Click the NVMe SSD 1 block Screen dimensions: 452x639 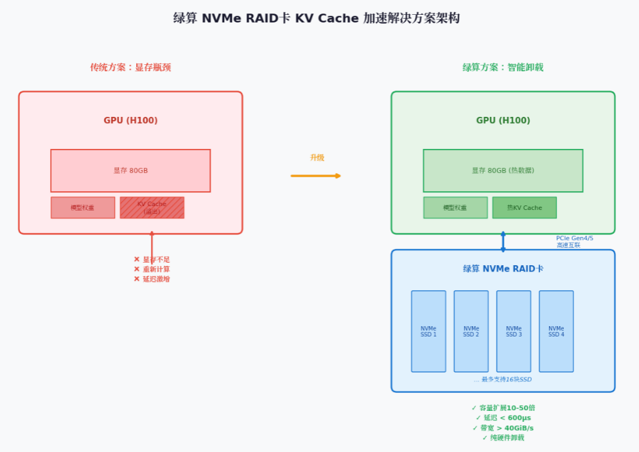(428, 331)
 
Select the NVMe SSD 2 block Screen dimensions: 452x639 (471, 331)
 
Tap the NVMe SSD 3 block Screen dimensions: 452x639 (514, 331)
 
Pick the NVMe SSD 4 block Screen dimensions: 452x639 (556, 331)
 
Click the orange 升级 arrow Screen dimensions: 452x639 (315, 175)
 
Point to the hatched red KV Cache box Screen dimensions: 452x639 (152, 207)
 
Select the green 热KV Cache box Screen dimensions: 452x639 (524, 207)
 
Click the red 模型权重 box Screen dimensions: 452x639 (83, 207)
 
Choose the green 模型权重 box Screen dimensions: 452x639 (455, 207)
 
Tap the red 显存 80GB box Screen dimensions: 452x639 (130, 171)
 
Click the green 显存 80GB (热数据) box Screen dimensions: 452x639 (503, 171)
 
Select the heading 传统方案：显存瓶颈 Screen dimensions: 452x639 (130, 67)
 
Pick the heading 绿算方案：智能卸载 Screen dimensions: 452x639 (503, 67)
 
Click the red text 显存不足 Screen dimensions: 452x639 (152, 259)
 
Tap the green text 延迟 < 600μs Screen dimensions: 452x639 (503, 418)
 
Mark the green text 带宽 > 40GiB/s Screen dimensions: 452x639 (503, 428)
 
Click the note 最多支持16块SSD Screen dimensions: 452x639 (503, 379)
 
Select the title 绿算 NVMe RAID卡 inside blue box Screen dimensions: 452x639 (503, 268)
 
